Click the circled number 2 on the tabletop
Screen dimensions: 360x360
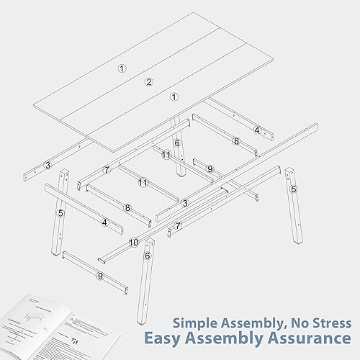pyautogui.click(x=149, y=82)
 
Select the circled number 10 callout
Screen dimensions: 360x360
pyautogui.click(x=134, y=243)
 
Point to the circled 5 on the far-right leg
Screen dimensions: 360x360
pyautogui.click(x=294, y=189)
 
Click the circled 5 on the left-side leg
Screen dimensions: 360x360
pyautogui.click(x=60, y=213)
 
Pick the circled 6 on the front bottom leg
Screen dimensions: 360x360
pyautogui.click(x=148, y=256)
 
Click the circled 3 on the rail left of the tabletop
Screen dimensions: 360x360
pyautogui.click(x=48, y=166)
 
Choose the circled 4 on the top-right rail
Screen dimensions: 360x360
pyautogui.click(x=257, y=130)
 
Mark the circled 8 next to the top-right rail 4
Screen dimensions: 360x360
pyautogui.click(x=235, y=142)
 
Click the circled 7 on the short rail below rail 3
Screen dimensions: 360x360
pyautogui.click(x=178, y=225)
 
